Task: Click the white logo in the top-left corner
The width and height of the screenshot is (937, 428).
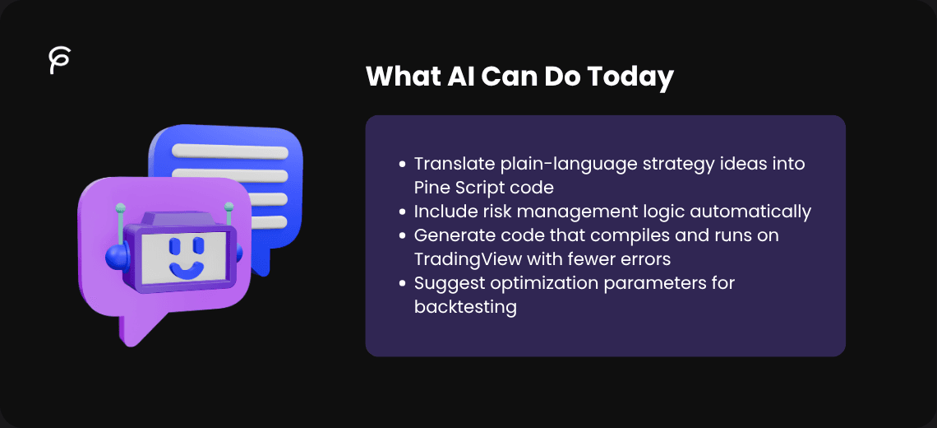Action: (x=59, y=61)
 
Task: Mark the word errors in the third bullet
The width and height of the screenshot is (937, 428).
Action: (x=645, y=259)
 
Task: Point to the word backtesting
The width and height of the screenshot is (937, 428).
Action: (x=465, y=307)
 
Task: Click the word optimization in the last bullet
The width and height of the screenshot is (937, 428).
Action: (x=547, y=283)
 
